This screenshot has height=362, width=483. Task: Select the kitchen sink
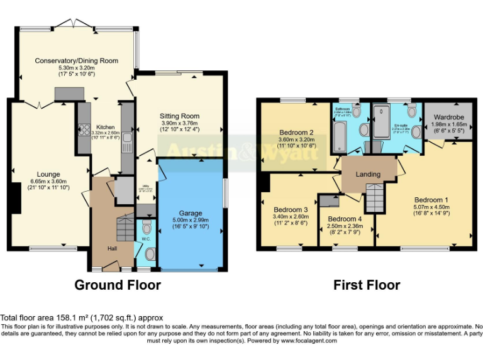coord(126,138)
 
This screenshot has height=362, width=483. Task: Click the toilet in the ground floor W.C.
coord(147,226)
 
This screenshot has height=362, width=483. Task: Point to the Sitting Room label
coord(179,116)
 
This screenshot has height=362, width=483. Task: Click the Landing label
coord(368,174)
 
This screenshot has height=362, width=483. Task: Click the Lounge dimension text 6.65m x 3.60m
coord(48,182)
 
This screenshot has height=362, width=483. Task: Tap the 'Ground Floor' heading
coord(118,285)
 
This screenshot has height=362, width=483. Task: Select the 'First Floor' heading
coord(367,285)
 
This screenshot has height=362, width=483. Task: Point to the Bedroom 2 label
coord(297,132)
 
